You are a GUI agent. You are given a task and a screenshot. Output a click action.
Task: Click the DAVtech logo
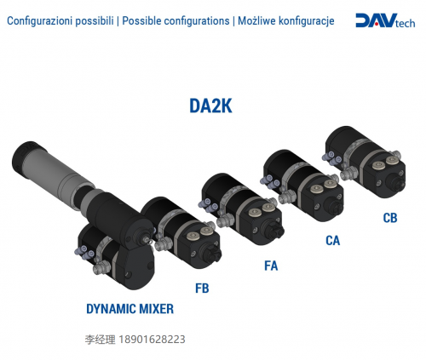tap(385, 20)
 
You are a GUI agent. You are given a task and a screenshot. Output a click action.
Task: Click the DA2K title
tap(210, 106)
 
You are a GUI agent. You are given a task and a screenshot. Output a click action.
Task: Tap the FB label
tap(202, 289)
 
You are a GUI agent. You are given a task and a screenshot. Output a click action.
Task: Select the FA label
tap(271, 266)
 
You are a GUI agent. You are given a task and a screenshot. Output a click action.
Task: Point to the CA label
tap(332, 241)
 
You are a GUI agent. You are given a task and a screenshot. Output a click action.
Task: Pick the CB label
tap(390, 218)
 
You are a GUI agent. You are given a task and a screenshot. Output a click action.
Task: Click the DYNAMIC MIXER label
tap(130, 309)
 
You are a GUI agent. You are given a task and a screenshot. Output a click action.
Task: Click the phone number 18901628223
tap(152, 340)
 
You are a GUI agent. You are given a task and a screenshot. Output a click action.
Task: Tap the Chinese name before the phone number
tap(100, 340)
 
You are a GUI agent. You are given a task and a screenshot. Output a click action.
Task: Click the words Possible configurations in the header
tap(176, 21)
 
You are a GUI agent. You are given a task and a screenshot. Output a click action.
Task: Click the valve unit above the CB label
tap(365, 162)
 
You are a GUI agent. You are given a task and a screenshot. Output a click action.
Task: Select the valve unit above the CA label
tap(302, 186)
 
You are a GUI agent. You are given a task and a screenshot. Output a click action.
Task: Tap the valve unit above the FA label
tap(242, 209)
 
